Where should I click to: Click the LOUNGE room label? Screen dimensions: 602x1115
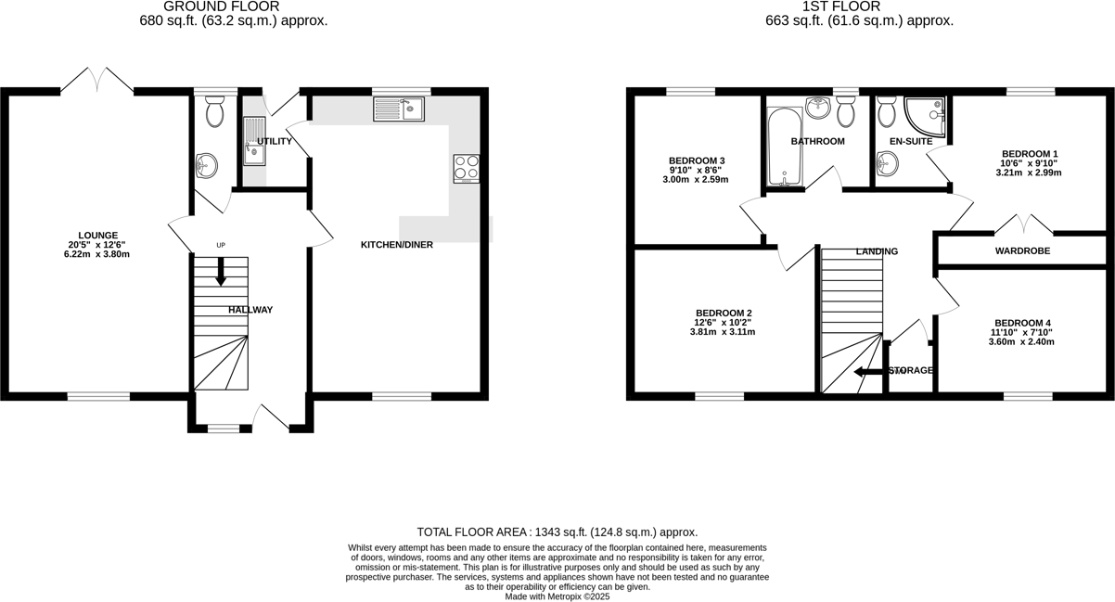97,235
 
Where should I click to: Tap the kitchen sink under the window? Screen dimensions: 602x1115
398,109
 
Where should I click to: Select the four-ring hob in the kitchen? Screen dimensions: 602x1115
467,168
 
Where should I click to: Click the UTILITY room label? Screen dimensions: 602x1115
275,141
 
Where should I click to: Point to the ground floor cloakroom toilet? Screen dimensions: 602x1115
215,112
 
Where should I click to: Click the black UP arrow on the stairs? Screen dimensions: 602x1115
221,273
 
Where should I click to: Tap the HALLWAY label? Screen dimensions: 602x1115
250,310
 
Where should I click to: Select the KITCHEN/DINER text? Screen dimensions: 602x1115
396,245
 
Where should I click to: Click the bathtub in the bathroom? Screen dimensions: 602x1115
785,147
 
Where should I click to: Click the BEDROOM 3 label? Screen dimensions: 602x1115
696,160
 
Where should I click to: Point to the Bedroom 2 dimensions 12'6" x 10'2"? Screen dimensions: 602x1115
723,322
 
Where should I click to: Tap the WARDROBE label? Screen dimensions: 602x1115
1022,250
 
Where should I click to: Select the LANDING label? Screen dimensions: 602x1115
876,251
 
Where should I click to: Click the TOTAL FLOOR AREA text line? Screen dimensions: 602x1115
557,532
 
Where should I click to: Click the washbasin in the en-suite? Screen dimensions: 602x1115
888,165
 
